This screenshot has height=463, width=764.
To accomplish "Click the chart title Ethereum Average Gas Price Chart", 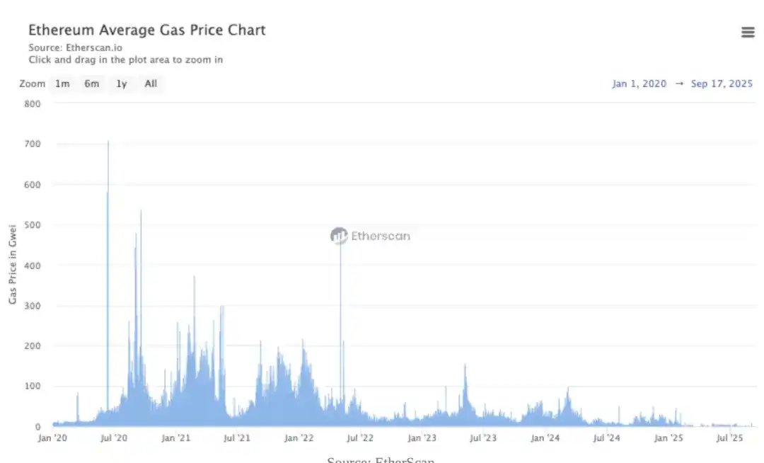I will [146, 30].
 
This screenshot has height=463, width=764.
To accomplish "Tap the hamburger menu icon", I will [748, 33].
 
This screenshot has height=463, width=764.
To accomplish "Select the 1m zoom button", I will [62, 84].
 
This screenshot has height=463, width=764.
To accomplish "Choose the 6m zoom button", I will [92, 84].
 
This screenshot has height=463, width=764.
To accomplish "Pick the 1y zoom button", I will [122, 84].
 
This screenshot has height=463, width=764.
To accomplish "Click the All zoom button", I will [151, 84].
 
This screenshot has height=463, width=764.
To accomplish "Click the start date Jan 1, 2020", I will [639, 84].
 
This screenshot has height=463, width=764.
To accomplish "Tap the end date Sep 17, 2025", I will [722, 84].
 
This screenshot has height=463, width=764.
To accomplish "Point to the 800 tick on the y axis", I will [33, 103].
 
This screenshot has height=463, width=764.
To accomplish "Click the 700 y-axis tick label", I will [33, 144].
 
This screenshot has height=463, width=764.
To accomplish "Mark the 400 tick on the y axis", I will [33, 265].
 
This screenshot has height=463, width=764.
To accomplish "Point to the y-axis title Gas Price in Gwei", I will [13, 264].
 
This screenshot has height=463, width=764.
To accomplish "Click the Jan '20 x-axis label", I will [52, 438].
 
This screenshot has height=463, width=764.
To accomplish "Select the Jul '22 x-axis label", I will [360, 438].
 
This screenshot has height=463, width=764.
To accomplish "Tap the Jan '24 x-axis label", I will [545, 438].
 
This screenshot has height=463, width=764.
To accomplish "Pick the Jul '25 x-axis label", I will [729, 438].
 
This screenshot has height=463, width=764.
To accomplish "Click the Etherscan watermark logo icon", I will [339, 236].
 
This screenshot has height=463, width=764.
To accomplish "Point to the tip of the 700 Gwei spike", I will [108, 142].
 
